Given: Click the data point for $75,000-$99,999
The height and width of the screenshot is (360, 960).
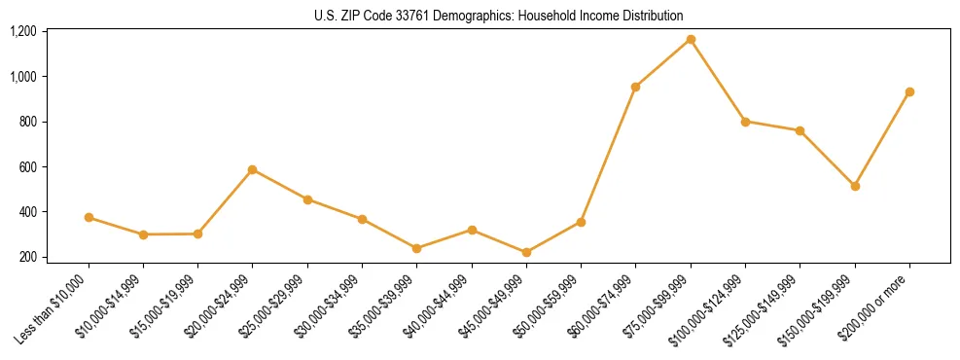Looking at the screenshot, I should (691, 39).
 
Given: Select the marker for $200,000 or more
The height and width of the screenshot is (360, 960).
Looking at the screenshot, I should (909, 91).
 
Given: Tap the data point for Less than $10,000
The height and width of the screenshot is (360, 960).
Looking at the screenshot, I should (89, 217).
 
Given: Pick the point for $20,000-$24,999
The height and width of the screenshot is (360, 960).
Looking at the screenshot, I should (253, 169).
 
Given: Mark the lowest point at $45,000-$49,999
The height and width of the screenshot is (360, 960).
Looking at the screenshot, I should (526, 252).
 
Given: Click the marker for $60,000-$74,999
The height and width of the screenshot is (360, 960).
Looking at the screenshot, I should (635, 87).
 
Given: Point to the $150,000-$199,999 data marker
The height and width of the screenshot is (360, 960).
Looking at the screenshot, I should (855, 186).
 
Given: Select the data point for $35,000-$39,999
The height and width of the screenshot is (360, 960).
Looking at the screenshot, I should (417, 248).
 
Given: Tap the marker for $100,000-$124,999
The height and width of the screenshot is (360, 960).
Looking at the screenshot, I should (745, 122).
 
